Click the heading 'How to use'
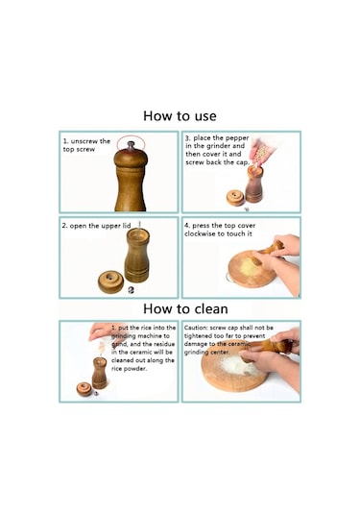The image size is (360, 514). pyautogui.click(x=180, y=116)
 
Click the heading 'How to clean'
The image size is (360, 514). pyautogui.click(x=185, y=308)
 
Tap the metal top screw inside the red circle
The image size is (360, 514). pyautogui.click(x=131, y=146)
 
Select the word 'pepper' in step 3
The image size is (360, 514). pyautogui.click(x=237, y=138)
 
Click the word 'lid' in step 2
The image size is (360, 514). pyautogui.click(x=127, y=226)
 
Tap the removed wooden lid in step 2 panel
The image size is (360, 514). pyautogui.click(x=110, y=281)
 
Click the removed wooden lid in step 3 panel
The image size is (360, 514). pyautogui.click(x=235, y=197)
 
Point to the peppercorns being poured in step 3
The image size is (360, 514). pyautogui.click(x=261, y=154)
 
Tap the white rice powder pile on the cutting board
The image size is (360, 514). pyautogui.click(x=238, y=365)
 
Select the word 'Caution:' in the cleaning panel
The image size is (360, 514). pyautogui.click(x=196, y=328)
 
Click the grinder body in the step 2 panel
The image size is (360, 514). pyautogui.click(x=137, y=255)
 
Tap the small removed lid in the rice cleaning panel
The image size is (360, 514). pyautogui.click(x=84, y=389)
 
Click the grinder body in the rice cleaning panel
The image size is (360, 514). pyautogui.click(x=99, y=373)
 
